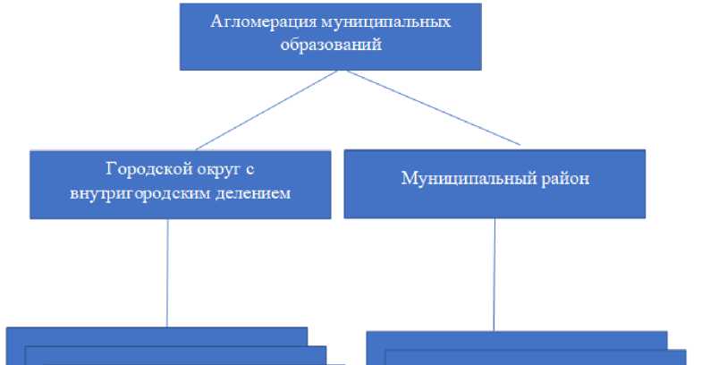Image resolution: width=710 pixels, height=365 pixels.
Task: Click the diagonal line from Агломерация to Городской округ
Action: coord(265,110)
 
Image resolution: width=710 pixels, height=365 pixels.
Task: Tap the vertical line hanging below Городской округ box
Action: coord(167,273)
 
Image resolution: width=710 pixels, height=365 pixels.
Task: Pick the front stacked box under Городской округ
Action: coord(179,356)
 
